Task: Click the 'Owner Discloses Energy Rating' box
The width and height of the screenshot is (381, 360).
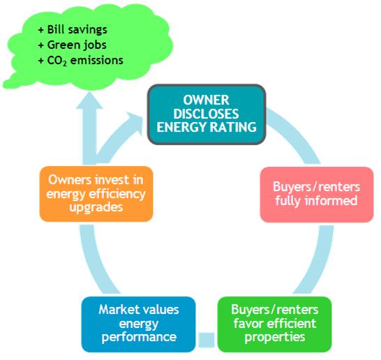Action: point(207,114)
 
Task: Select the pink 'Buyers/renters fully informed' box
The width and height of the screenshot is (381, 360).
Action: point(317,195)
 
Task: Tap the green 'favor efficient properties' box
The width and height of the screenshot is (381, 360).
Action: point(274,324)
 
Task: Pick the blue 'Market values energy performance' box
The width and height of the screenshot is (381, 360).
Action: point(138,324)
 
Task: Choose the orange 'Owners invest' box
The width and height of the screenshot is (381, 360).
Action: point(96,194)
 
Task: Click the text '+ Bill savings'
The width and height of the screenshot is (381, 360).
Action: point(73,29)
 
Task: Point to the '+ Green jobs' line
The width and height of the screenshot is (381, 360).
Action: point(72,45)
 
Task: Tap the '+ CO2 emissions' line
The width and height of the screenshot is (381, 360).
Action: point(80,61)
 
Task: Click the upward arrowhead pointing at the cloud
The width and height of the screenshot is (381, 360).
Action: point(89,100)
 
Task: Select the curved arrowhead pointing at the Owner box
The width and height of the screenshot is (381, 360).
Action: point(135,122)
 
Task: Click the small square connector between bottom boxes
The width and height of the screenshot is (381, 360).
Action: point(207,340)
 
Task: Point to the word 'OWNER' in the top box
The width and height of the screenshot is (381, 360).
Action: point(206,100)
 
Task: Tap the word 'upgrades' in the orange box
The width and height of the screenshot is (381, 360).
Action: point(96,208)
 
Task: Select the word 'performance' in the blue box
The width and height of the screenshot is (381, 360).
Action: point(139,338)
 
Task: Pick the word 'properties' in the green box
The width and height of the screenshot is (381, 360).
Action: point(275,338)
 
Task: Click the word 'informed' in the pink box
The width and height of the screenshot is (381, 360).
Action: point(331,201)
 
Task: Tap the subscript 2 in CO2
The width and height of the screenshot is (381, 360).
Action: point(64,64)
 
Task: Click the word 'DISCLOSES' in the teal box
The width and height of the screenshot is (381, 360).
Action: point(206,114)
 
